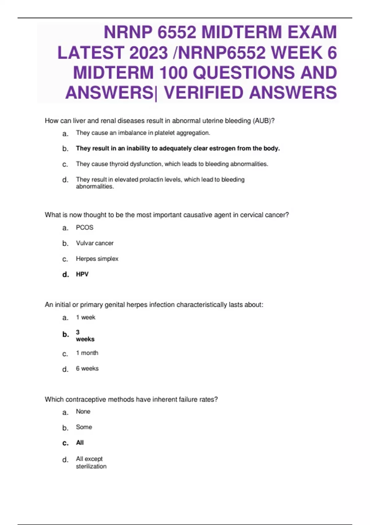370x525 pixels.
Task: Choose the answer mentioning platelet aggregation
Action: [x=143, y=133]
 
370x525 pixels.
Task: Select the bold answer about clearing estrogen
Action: [x=178, y=148]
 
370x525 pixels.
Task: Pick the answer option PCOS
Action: [x=84, y=228]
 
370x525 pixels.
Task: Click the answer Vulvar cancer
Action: [x=95, y=243]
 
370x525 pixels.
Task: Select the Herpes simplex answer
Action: [x=97, y=259]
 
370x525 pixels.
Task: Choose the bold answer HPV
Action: [x=82, y=274]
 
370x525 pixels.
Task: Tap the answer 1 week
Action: [x=86, y=317]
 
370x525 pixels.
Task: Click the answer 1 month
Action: [x=87, y=353]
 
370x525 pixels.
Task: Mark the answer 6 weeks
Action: [x=87, y=368]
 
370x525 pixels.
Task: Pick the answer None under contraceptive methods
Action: [x=83, y=412]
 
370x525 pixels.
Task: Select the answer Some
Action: [x=84, y=427]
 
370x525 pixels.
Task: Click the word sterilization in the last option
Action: [x=91, y=466]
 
